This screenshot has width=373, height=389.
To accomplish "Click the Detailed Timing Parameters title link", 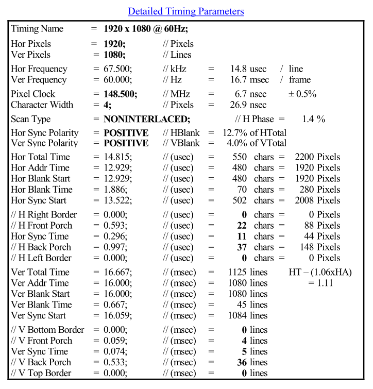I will point(186,11).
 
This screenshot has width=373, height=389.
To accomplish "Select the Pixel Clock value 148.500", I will point(121,94).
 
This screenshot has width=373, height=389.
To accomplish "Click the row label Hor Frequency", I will point(39,69).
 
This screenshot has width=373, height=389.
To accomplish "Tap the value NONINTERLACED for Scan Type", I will point(147,119).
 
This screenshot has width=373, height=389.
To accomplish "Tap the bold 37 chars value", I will point(241,247).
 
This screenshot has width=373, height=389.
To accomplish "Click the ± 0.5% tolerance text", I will point(302,94).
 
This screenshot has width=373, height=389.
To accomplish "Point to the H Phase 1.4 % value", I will point(314,119).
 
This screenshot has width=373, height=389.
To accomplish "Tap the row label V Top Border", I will point(41,373).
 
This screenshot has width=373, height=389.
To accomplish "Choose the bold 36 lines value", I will point(242,362).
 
